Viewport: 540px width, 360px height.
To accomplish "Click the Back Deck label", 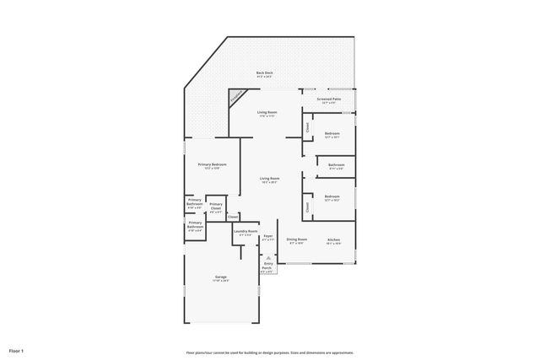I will click(264, 74).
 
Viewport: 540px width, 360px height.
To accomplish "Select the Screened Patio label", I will click(329, 100).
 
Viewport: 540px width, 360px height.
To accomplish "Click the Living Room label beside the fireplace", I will click(267, 113).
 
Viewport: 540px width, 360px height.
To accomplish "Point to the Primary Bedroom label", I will click(212, 166).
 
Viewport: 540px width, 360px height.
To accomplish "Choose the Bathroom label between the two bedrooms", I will click(336, 165).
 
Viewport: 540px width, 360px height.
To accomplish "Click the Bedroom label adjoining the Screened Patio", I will click(333, 135).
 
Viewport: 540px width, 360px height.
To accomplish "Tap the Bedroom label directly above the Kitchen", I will click(332, 199).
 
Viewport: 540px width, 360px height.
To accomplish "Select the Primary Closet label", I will click(216, 207).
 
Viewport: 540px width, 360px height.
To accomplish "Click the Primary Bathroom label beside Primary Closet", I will click(194, 202).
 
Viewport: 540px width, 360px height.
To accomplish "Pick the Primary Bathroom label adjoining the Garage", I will click(195, 227).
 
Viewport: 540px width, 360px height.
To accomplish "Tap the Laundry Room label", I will click(246, 233).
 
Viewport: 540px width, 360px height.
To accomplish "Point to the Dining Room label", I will click(296, 240).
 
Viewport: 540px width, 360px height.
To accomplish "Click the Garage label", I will click(220, 278).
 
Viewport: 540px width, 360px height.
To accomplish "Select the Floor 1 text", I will click(17, 350).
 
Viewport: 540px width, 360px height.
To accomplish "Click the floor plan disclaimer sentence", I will click(269, 352).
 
